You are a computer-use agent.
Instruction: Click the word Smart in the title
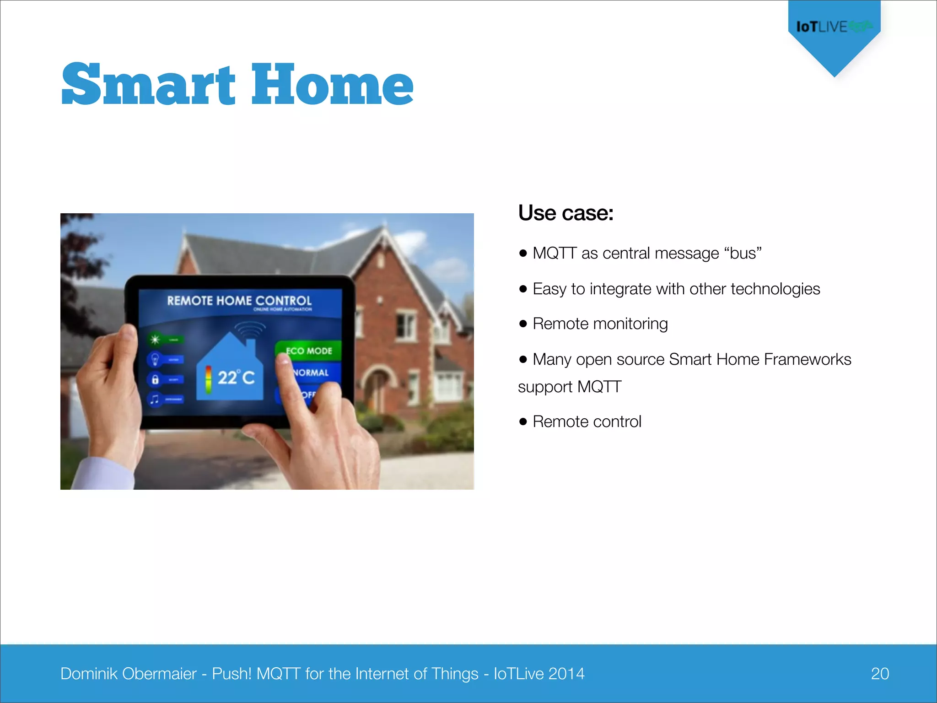149,85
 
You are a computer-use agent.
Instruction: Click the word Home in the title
332,85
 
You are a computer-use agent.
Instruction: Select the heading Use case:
565,213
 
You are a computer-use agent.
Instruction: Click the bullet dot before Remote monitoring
523,324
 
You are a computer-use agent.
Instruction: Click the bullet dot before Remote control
523,422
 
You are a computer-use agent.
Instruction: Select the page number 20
879,674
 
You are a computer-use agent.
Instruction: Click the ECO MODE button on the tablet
309,351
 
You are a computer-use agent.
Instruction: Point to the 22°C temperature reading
235,378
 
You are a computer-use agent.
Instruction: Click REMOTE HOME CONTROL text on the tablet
239,301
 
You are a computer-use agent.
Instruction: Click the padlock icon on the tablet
155,379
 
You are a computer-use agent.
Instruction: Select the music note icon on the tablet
155,399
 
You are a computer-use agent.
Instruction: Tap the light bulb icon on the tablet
155,359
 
